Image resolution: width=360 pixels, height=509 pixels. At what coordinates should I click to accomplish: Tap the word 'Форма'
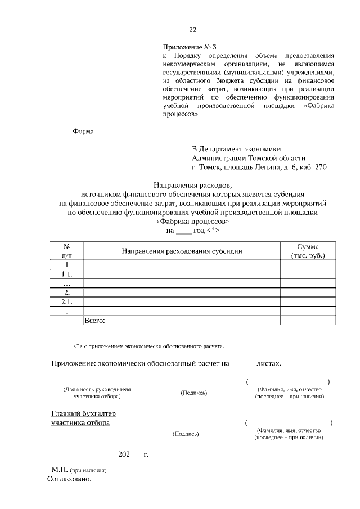click(83, 132)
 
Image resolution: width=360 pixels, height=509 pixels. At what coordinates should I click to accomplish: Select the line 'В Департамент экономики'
click(236, 149)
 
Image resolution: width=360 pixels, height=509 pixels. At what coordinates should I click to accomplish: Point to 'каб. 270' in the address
click(313, 167)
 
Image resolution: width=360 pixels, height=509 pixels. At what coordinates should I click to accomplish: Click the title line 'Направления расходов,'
click(192, 185)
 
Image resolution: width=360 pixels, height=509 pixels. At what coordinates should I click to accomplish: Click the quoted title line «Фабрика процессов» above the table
click(192, 221)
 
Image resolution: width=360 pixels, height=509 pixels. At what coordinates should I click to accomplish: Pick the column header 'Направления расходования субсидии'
click(182, 251)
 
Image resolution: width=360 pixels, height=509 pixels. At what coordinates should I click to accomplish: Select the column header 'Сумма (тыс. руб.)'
click(308, 251)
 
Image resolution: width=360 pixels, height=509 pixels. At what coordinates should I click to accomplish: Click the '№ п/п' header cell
click(66, 251)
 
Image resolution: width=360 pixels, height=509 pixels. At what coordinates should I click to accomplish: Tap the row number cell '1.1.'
click(66, 274)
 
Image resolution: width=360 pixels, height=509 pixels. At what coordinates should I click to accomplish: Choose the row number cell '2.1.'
click(66, 301)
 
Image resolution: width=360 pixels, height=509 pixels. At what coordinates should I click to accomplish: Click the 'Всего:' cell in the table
click(95, 321)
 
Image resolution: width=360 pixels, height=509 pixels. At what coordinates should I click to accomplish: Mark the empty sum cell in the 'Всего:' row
click(308, 321)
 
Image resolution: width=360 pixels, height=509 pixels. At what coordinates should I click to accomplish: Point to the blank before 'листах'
click(243, 364)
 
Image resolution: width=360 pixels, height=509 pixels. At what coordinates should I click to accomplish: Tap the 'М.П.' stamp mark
click(59, 469)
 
